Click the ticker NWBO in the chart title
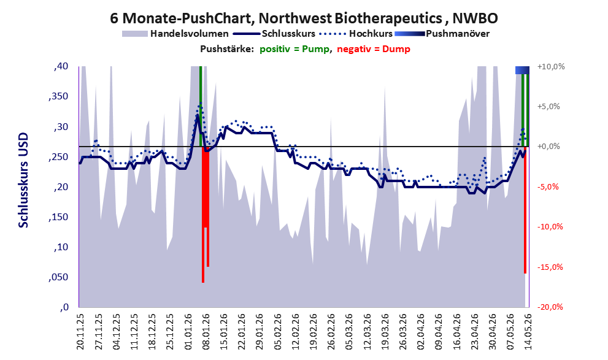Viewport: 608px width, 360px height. [x=475, y=18]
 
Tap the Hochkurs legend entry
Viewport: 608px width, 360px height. [x=356, y=34]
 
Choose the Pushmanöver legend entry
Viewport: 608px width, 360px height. [x=442, y=34]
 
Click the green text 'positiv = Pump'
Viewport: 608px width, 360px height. [x=294, y=49]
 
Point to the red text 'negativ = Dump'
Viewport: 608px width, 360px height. [x=374, y=49]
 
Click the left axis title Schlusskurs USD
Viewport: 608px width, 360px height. [x=24, y=180]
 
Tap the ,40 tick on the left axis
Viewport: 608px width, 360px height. [x=61, y=66]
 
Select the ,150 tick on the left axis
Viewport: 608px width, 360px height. [x=58, y=217]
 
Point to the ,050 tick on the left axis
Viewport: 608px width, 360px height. [x=58, y=277]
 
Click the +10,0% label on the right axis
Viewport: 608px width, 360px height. [x=551, y=67]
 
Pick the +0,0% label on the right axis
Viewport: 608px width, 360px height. [x=548, y=147]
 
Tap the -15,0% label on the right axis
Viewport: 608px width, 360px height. [x=550, y=267]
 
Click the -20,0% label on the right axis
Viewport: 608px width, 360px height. [x=550, y=307]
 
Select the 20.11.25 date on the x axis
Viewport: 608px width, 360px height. [x=80, y=331]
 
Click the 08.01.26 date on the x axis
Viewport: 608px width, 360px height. [x=206, y=331]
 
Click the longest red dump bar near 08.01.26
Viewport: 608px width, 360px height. [x=203, y=215]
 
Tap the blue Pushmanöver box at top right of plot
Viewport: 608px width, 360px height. [x=522, y=70]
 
